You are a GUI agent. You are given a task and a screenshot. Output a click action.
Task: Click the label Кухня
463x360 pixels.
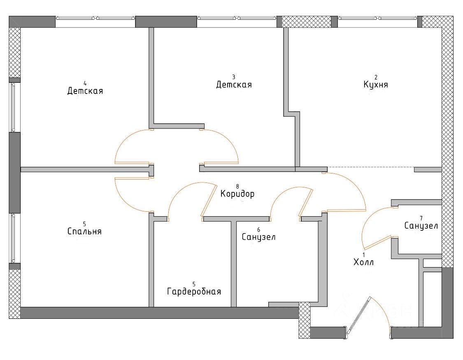coord(375,85)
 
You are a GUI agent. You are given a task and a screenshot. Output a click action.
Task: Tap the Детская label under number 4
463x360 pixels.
coord(85,91)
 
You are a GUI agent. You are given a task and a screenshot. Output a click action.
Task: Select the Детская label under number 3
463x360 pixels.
coord(234,85)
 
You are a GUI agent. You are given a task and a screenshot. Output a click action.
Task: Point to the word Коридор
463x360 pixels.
coord(237,194)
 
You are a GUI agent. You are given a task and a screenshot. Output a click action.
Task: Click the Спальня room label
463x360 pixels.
coord(84,231)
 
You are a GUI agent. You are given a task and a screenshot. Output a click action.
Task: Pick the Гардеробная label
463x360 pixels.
coord(194,292)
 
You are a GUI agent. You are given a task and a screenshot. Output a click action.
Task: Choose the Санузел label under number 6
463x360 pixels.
coord(258,237)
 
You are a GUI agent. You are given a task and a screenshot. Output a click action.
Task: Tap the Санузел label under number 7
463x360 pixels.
coord(421,226)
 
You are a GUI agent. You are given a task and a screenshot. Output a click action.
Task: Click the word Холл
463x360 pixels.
coord(363,262)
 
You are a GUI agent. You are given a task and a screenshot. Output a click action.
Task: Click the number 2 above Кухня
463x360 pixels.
coord(375,77)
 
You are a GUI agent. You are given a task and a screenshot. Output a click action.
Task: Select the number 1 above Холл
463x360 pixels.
coord(363,255)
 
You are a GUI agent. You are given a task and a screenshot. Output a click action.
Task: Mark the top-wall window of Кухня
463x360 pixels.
coord(378,18)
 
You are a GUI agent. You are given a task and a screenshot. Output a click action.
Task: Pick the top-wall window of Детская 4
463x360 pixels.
coord(95,18)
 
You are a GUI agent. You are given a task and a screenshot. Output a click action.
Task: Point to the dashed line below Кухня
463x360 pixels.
coord(370,167)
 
